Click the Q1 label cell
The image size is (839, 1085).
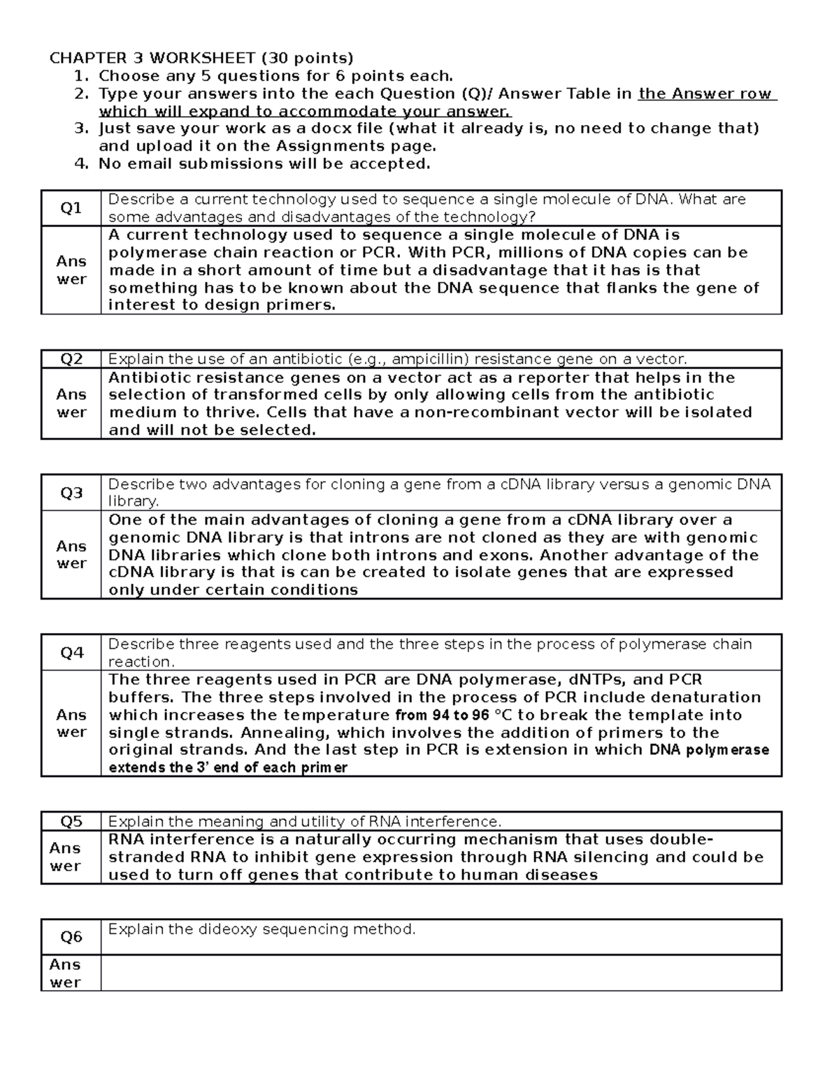coord(71,208)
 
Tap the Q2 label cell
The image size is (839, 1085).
coord(71,359)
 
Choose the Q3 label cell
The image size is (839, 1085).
coord(71,493)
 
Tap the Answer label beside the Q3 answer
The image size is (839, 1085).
coord(71,555)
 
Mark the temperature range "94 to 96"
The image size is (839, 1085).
coord(442,715)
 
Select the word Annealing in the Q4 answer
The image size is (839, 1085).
coord(278,733)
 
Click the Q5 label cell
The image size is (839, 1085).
coord(71,822)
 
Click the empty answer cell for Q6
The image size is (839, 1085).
coord(440,973)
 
